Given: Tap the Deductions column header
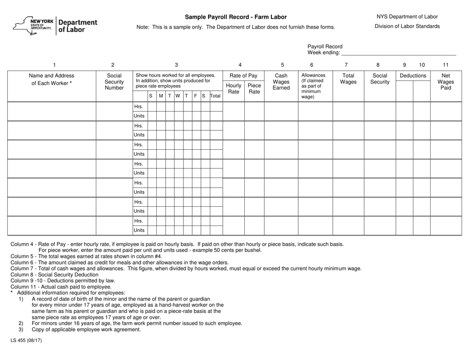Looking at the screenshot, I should [412, 76].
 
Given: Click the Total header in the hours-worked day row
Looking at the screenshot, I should [215, 96].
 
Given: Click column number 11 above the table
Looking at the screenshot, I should [446, 64].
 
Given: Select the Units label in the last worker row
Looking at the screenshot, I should [139, 230].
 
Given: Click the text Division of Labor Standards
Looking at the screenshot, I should [407, 27].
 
